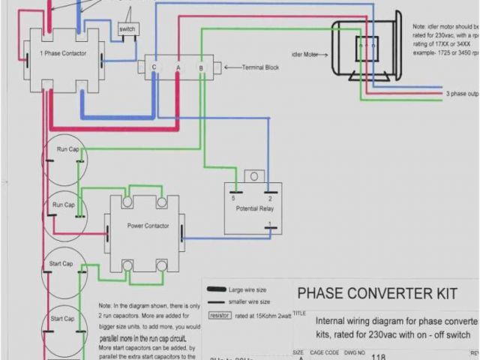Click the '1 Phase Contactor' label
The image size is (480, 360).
tap(63, 54)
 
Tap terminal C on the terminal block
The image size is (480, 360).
tap(154, 67)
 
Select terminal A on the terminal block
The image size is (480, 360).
tap(178, 67)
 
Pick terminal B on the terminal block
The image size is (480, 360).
tap(201, 68)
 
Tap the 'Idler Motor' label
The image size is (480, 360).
tap(305, 54)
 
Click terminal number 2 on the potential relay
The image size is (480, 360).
tap(269, 197)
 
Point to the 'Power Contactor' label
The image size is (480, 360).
tap(147, 225)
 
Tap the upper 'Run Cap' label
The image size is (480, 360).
tap(67, 149)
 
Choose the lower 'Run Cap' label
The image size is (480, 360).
tap(64, 205)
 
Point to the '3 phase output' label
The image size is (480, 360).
tap(461, 94)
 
